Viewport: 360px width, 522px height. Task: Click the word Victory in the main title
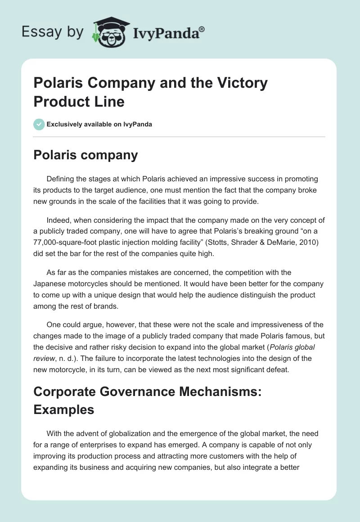pyautogui.click(x=243, y=83)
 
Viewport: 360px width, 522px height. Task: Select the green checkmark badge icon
pyautogui.click(x=39, y=124)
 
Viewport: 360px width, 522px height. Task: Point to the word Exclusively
pyautogui.click(x=66, y=124)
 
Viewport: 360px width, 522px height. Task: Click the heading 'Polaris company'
pyautogui.click(x=85, y=155)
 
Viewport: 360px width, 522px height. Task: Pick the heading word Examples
pyautogui.click(x=64, y=409)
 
